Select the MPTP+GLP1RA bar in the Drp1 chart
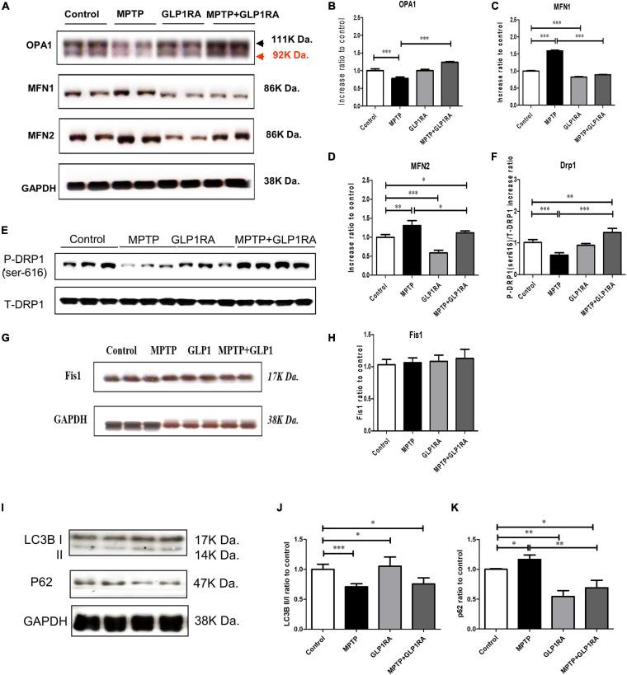coord(588,258)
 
